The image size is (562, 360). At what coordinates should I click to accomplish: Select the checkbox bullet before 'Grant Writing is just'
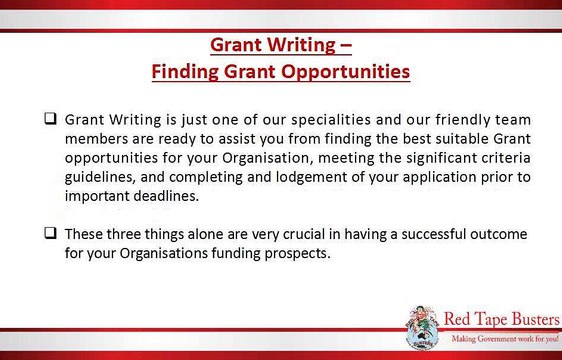point(48,119)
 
